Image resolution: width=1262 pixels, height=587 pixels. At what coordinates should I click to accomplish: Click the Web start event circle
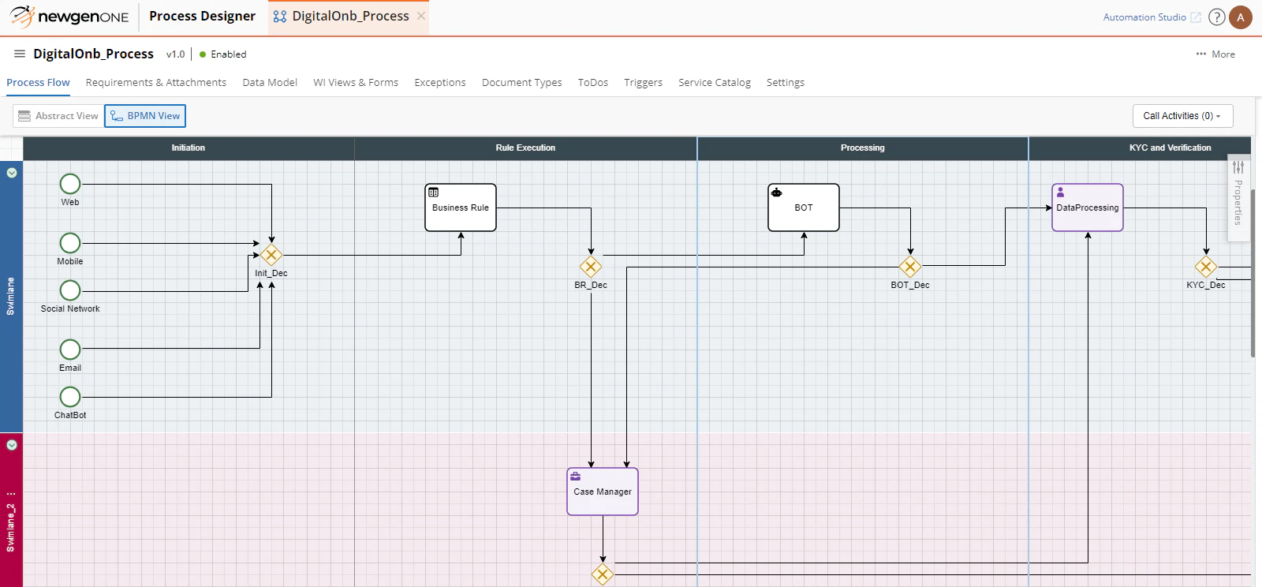70,184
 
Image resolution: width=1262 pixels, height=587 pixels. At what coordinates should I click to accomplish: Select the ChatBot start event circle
70,396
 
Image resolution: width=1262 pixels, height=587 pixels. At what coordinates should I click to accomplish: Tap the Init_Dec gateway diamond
271,255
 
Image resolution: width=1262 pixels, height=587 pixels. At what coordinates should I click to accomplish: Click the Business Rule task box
461,208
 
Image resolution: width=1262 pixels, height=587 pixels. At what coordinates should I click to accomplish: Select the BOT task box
803,208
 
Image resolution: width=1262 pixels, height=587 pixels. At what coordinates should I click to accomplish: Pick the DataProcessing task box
1087,208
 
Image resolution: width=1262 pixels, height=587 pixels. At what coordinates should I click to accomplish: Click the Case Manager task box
603,492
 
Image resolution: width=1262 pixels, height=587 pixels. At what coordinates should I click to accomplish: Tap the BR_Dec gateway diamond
591,267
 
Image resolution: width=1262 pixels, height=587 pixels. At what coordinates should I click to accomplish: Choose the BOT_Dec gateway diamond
910,267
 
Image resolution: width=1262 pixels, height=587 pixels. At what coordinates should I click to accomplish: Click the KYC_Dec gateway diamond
1206,267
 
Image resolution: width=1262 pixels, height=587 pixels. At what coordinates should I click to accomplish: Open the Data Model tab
270,82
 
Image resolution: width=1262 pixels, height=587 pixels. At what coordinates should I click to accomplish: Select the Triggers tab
643,82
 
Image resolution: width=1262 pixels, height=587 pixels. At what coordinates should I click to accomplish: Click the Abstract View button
58,116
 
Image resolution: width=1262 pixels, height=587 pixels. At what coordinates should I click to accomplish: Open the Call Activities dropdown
1182,116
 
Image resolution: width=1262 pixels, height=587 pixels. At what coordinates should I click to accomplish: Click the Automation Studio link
1144,17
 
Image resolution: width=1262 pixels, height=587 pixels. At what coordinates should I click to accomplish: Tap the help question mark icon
1217,17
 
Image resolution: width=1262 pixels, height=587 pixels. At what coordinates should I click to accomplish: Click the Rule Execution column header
525,148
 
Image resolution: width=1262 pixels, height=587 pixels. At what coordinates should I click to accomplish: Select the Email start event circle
70,349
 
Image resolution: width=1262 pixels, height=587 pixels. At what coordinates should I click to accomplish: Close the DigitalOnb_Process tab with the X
421,16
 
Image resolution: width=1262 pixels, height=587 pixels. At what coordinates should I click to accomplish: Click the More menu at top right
1215,54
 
